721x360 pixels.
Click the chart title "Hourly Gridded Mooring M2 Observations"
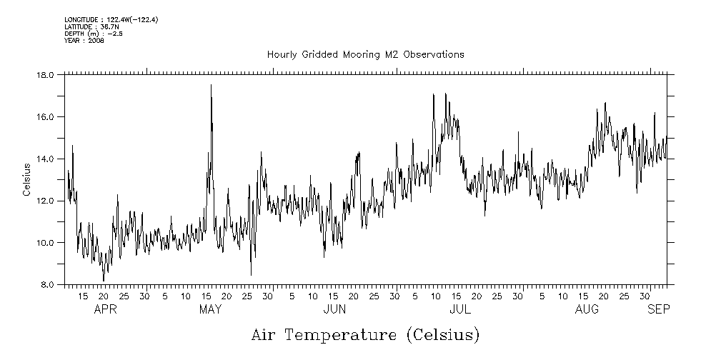coord(365,55)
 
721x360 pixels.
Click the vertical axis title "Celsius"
coord(26,180)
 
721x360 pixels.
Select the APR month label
coord(105,310)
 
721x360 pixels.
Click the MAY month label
coord(210,310)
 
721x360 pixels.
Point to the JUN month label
coord(335,310)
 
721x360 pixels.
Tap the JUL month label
coord(459,310)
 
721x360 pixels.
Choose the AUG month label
coord(587,310)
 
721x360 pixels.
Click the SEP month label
coord(659,310)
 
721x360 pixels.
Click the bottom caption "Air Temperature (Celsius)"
coord(365,334)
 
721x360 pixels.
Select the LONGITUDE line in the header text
coord(111,19)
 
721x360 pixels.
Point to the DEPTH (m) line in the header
coord(94,34)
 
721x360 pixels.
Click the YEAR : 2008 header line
coord(84,41)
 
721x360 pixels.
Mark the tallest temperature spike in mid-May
coord(211,86)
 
